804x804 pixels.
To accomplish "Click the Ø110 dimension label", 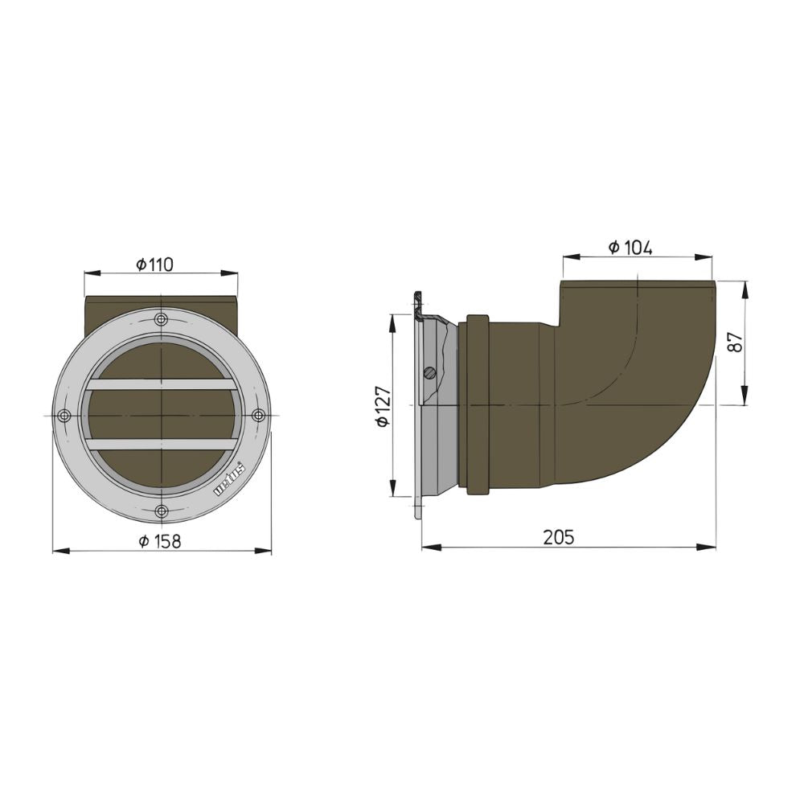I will pyautogui.click(x=155, y=265).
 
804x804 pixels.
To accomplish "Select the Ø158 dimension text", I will pyautogui.click(x=160, y=541).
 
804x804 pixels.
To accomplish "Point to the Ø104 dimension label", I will pyautogui.click(x=630, y=248).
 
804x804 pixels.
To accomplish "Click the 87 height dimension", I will pyautogui.click(x=733, y=343).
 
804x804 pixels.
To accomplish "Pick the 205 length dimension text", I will pyautogui.click(x=559, y=538).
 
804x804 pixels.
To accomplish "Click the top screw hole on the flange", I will pyautogui.click(x=162, y=319).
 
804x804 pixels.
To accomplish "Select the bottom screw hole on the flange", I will pyautogui.click(x=162, y=511).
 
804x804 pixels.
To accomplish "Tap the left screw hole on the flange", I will pyautogui.click(x=65, y=416).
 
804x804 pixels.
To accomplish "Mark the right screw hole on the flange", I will pyautogui.click(x=258, y=416).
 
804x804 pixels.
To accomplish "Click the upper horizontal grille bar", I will pyautogui.click(x=162, y=384).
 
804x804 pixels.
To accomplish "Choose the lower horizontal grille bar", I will pyautogui.click(x=162, y=445).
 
